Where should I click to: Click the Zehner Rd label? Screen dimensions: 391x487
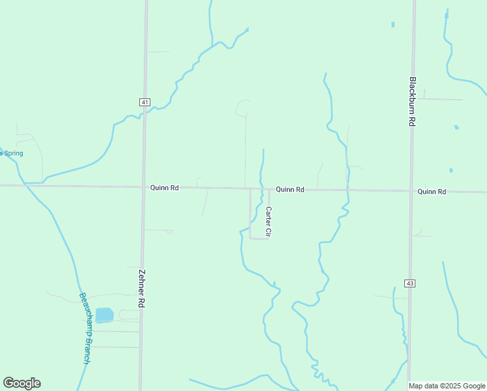coord(141,288)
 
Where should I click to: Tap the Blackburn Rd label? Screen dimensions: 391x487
coord(412,102)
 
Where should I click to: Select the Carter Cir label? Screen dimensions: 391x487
coord(268,222)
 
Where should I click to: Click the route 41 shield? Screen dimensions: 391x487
coord(145,102)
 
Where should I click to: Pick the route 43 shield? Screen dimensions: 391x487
coord(410,283)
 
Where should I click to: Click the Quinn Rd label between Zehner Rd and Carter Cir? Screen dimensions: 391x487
coord(164,188)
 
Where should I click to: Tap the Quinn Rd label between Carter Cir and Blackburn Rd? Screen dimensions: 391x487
coord(290,190)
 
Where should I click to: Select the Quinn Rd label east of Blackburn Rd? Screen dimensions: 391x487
coord(432,192)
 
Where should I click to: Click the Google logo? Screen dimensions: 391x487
coord(21,383)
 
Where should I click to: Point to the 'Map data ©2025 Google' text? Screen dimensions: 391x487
coord(447,386)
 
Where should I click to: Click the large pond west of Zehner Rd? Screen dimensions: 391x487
coord(104,315)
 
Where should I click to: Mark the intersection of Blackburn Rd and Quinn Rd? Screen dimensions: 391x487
coord(411,191)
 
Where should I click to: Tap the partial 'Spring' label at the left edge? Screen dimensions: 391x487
coord(12,153)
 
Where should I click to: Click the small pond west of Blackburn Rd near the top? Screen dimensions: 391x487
coord(393,25)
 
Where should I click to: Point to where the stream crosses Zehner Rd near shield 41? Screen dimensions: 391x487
coord(145,113)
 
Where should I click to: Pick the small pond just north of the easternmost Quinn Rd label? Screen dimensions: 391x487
coord(451,171)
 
